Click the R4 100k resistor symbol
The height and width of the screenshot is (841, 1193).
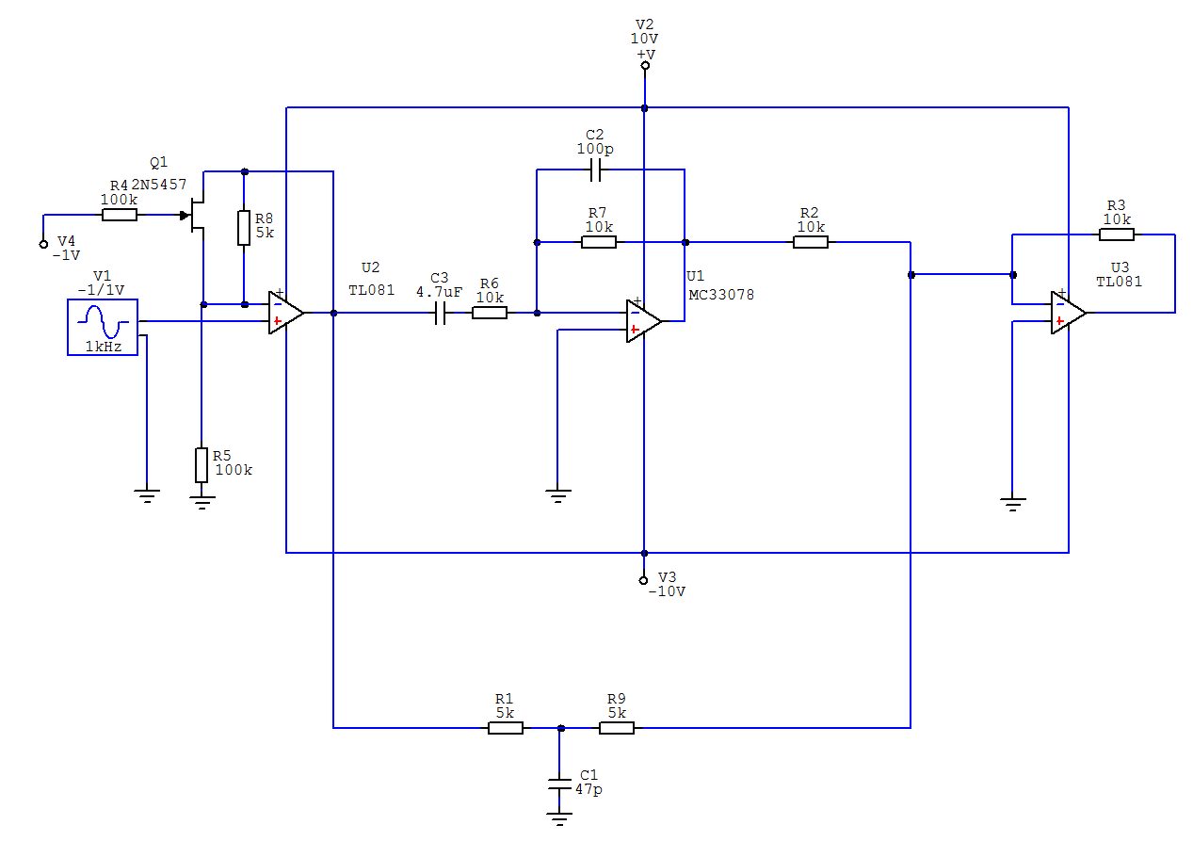point(120,215)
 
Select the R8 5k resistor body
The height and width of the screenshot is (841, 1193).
point(244,227)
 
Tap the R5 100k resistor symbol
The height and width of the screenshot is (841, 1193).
point(202,465)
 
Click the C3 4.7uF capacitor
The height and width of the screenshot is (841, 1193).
point(440,313)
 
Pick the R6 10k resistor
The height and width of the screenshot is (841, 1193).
point(490,313)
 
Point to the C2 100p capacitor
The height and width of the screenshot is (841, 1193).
point(595,170)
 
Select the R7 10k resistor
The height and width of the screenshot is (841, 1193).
point(599,242)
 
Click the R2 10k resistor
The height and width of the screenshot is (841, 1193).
point(811,242)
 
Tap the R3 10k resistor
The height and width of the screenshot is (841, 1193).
point(1117,235)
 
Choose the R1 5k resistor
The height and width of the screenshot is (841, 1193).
point(506,728)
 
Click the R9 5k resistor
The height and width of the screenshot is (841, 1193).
point(617,728)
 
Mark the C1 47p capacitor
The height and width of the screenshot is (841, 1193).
point(559,784)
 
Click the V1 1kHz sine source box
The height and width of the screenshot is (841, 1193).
point(103,327)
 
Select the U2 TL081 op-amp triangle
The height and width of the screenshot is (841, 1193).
point(286,313)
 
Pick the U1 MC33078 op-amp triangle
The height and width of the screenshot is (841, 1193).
point(644,321)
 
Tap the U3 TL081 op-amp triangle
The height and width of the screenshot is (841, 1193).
point(1069,313)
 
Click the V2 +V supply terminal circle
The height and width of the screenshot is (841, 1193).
point(645,66)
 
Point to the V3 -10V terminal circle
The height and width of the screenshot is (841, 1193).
point(643,580)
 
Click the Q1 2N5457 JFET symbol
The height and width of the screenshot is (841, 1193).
point(195,215)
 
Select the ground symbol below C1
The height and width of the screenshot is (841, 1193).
point(559,818)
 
